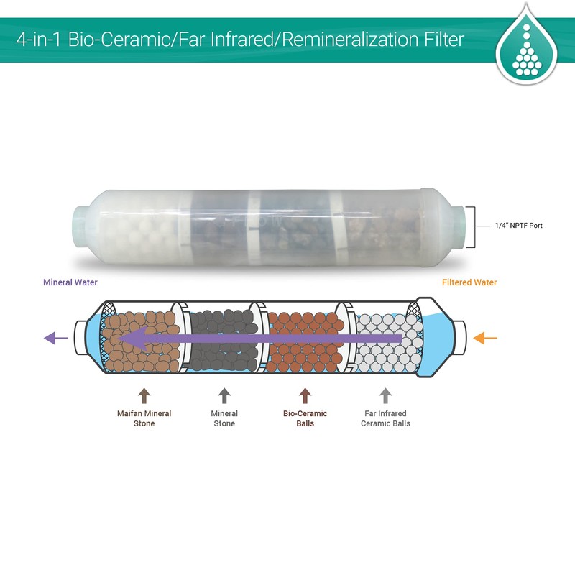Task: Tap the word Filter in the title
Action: (444, 40)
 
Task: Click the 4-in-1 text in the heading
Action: (38, 40)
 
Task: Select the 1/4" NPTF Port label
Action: (518, 226)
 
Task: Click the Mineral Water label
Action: (70, 282)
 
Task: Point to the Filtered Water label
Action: (469, 282)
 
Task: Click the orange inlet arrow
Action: (485, 338)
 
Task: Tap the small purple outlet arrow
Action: (56, 338)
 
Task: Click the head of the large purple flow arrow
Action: (133, 339)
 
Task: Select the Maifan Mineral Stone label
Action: (144, 418)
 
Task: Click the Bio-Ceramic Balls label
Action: (305, 418)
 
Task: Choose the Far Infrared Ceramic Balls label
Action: (385, 418)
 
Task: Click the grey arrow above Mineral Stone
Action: (224, 396)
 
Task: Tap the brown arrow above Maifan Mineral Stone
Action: (144, 396)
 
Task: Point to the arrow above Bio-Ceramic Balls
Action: (305, 396)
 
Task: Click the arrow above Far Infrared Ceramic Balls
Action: (385, 396)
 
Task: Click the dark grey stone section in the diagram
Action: (224, 339)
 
